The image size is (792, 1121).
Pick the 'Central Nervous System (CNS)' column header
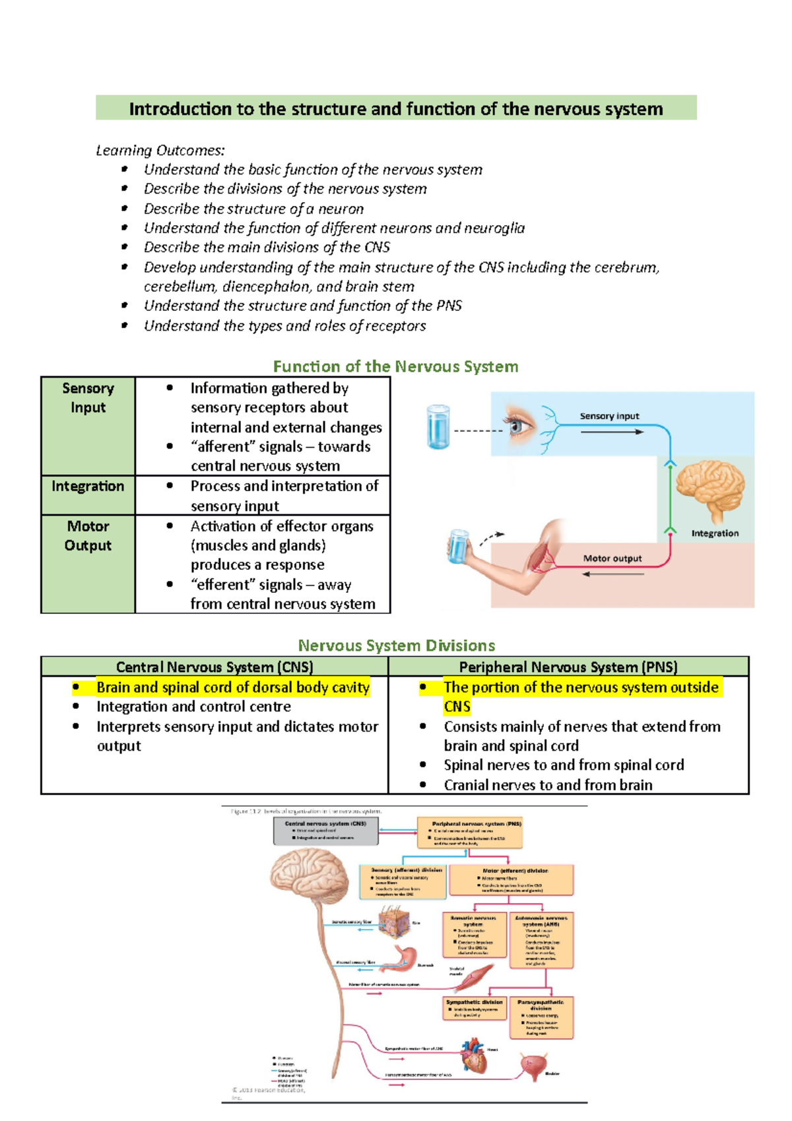pos(214,667)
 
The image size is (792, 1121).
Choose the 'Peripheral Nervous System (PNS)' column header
pos(568,667)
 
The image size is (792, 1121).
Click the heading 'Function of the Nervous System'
pos(395,366)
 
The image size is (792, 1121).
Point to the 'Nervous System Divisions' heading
pos(396,646)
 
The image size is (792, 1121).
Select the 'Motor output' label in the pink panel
pos(612,559)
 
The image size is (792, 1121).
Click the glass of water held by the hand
pos(458,546)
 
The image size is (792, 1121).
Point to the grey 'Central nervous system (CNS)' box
pos(326,831)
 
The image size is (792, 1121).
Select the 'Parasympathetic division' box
pos(541,1017)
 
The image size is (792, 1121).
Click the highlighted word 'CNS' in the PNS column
pos(457,706)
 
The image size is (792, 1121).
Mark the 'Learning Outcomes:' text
pos(160,151)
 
